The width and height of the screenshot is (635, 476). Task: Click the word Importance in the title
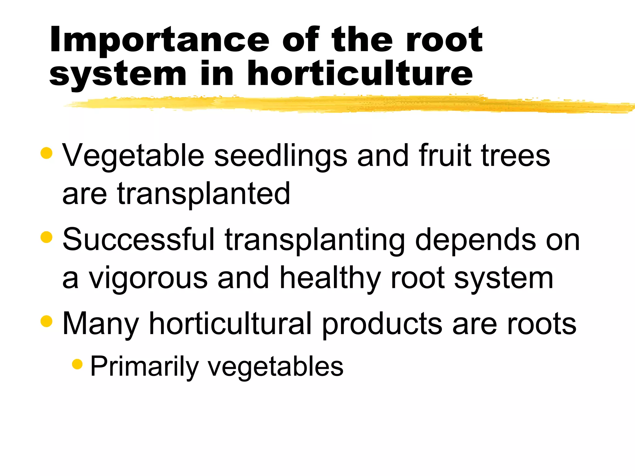tap(159, 40)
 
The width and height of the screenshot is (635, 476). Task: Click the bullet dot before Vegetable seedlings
tap(47, 153)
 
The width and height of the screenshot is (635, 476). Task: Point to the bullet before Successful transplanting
tap(47, 237)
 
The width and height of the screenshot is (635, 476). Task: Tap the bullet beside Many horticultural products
tap(47, 321)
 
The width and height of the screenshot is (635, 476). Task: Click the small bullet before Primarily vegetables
tap(77, 364)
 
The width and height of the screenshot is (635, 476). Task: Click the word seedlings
tap(281, 156)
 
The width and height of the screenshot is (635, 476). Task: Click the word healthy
tap(330, 278)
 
